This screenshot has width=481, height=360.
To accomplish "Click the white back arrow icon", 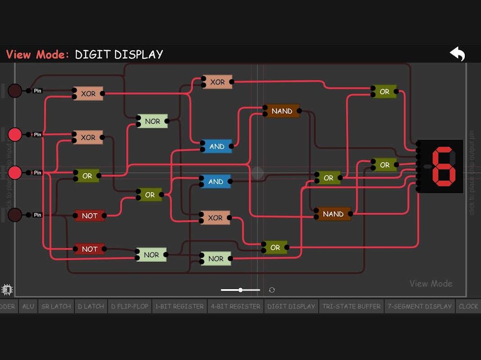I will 457,54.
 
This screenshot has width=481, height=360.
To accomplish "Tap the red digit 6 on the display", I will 442,166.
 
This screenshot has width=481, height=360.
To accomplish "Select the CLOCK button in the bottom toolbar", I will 468,306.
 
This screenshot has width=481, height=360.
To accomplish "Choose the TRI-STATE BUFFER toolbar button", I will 351,306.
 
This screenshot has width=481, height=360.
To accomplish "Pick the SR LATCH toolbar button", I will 56,306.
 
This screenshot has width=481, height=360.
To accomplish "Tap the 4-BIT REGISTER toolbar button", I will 235,306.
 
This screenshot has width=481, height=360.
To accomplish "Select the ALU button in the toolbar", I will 28,306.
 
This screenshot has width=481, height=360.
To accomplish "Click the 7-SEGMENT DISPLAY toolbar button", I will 419,306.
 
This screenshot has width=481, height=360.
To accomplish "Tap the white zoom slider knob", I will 240,290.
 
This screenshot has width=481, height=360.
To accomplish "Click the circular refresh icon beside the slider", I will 272,290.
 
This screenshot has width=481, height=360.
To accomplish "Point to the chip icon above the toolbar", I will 7,289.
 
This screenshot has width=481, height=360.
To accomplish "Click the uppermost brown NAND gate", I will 282,111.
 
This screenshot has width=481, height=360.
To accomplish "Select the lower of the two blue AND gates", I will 216,182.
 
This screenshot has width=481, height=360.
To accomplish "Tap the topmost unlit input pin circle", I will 15,90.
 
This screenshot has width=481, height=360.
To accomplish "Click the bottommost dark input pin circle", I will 15,215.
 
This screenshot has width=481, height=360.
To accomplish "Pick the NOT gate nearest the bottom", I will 90,249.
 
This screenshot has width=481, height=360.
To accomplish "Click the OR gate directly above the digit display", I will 384,92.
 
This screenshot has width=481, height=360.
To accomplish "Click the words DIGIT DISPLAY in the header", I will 119,54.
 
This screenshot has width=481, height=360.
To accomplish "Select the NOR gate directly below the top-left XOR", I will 153,121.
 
